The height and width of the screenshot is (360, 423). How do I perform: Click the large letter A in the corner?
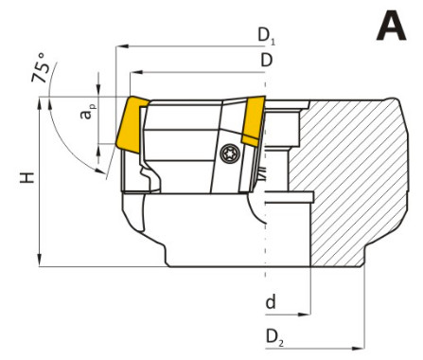click(391, 26)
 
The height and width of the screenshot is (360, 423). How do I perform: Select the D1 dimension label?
click(267, 36)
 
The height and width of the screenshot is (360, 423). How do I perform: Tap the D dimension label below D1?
click(267, 60)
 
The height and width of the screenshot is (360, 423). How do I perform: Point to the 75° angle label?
click(41, 68)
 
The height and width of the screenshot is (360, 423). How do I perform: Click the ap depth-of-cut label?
click(88, 112)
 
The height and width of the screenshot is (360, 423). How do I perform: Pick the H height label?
click(27, 178)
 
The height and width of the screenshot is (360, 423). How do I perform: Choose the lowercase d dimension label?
click(271, 302)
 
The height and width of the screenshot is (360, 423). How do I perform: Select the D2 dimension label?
click(274, 337)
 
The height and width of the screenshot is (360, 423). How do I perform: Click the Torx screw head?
click(230, 153)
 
